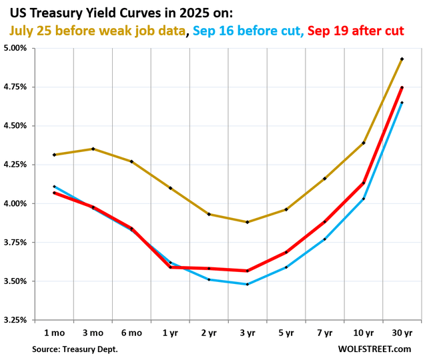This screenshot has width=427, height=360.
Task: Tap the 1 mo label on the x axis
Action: pos(53,332)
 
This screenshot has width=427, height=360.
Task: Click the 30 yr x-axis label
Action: pos(402,332)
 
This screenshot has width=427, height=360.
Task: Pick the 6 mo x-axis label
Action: pos(131,332)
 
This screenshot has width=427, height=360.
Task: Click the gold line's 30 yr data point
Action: pos(402,59)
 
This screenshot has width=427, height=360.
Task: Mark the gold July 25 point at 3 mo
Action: pos(93,149)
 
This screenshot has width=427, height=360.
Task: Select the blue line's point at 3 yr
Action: pos(248,284)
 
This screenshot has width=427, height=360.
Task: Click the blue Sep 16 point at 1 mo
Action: pos(54,187)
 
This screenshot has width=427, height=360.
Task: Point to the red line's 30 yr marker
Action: pos(402,87)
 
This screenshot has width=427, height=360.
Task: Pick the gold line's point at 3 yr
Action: pos(248,222)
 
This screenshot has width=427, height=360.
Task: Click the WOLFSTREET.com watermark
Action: pos(381,349)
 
